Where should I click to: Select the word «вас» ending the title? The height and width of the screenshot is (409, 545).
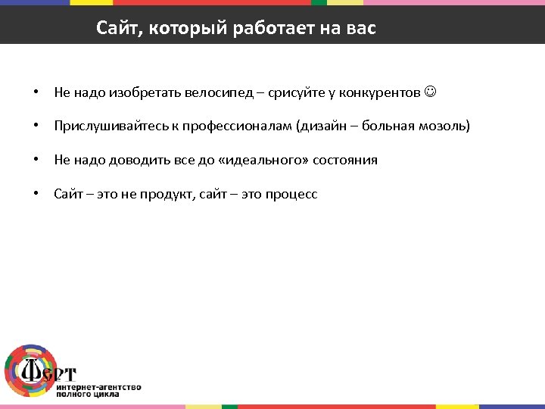pos(359,29)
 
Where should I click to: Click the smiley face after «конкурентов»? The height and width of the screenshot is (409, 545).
pos(431,92)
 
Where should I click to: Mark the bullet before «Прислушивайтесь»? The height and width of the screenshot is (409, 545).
pos(36,126)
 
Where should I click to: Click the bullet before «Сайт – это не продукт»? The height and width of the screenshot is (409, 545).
pos(36,194)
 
